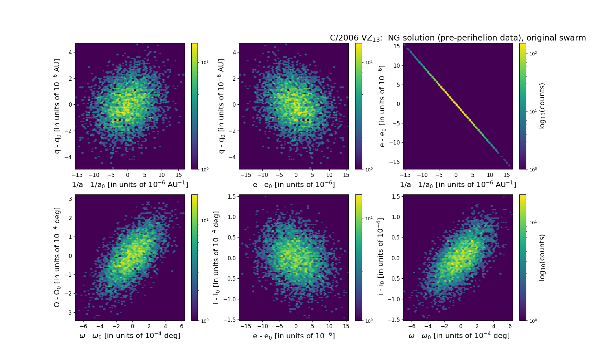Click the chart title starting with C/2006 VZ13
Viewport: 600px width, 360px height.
[458, 38]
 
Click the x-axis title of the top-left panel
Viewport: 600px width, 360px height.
[130, 184]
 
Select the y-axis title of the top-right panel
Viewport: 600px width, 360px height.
[382, 106]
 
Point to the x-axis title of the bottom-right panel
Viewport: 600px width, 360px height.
[459, 336]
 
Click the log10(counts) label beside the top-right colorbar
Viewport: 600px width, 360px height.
[542, 106]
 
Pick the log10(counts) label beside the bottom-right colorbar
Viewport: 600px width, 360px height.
[542, 257]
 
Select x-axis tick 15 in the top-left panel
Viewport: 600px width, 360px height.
[178, 175]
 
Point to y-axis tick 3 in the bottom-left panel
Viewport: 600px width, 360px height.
[70, 199]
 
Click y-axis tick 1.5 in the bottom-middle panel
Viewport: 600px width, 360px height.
[231, 196]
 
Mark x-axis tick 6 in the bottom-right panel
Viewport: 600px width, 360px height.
[510, 326]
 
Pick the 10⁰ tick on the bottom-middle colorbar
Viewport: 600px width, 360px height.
[369, 320]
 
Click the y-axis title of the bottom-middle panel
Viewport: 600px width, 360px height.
[216, 257]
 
